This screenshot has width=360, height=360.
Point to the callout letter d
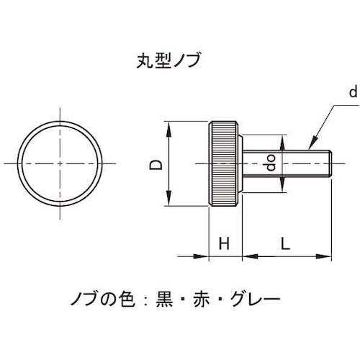pyautogui.click(x=353, y=92)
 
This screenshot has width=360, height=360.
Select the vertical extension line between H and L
pyautogui.click(x=242, y=230)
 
